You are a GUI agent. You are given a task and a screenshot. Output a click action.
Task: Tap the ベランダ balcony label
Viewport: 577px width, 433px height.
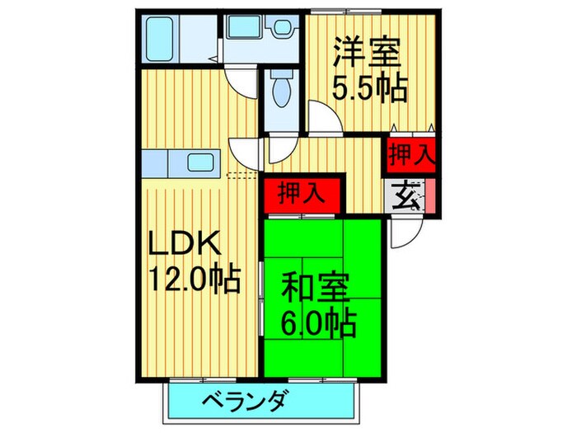[x=245, y=402]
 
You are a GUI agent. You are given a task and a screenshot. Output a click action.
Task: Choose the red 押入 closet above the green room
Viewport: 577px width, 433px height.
[x=300, y=195]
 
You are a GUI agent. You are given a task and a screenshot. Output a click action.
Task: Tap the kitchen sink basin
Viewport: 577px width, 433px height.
[x=200, y=162]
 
